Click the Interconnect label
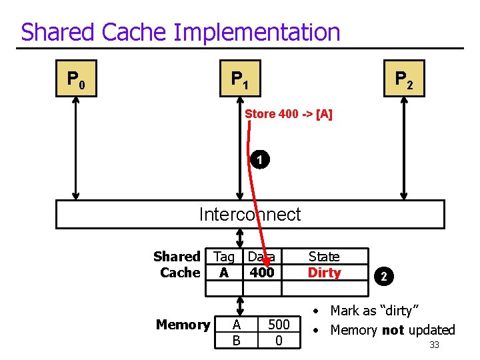(x=250, y=214)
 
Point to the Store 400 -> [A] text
(x=289, y=114)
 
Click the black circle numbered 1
(x=261, y=160)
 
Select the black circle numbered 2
(x=383, y=275)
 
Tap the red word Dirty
(x=324, y=273)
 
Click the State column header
(x=324, y=257)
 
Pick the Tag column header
(x=224, y=257)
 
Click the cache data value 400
(x=262, y=273)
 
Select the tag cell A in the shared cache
(x=224, y=273)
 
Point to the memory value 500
(x=279, y=325)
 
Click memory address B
(x=236, y=341)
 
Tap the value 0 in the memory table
(x=279, y=341)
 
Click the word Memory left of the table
(x=183, y=325)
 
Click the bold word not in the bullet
(x=393, y=330)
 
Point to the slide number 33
(x=434, y=345)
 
